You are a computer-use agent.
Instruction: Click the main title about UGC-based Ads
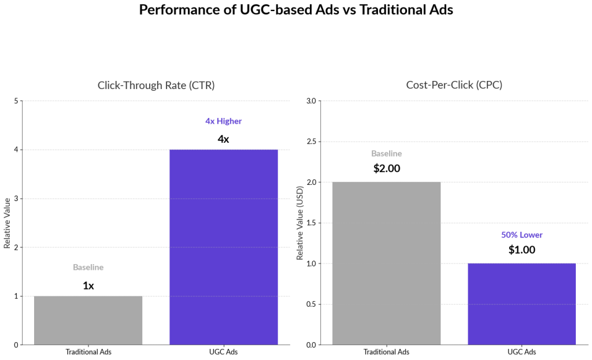coord(296,10)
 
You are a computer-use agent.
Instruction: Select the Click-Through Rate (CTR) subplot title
coord(156,85)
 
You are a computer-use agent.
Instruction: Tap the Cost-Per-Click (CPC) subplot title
coord(454,85)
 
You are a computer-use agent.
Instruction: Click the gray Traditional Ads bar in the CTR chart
coord(88,320)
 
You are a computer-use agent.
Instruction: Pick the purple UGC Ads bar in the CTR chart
coord(223,247)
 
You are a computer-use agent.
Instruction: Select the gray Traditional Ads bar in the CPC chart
coord(386,263)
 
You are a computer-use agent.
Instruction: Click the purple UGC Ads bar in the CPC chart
coord(521,304)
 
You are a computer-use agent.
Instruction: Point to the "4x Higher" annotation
coord(223,121)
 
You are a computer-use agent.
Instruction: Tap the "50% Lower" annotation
coord(521,235)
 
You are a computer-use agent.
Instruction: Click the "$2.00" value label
coord(386,169)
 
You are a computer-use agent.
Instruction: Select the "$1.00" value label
coord(521,250)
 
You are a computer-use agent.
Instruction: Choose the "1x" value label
coord(88,285)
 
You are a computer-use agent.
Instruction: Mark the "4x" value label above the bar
coord(223,139)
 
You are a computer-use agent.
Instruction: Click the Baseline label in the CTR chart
coord(88,268)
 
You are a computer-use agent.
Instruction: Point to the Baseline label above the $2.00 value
coord(386,154)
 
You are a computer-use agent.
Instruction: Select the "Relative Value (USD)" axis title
coord(299,223)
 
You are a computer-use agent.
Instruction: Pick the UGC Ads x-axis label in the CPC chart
coord(521,352)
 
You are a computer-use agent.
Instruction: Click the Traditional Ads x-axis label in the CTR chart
coord(88,352)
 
